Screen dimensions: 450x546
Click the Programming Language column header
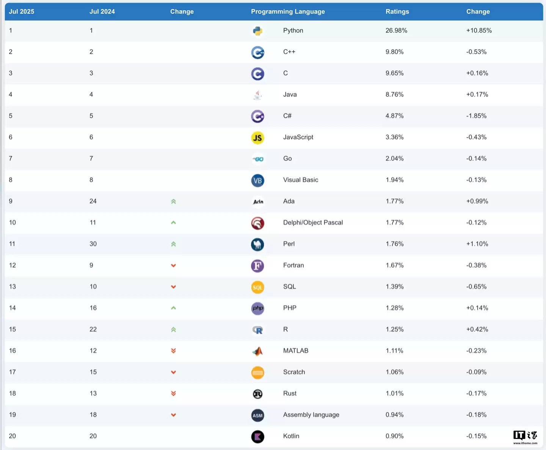[288, 12]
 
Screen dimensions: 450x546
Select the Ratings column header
[397, 12]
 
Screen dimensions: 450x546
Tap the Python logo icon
[258, 31]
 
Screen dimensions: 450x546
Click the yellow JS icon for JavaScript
[258, 138]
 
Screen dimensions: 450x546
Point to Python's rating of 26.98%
[396, 31]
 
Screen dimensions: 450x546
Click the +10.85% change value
[479, 31]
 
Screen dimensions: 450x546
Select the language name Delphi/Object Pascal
[313, 223]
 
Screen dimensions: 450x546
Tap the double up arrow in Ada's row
[173, 201]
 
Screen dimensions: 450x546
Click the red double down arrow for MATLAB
[173, 351]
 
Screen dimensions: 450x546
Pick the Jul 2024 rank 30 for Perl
[93, 244]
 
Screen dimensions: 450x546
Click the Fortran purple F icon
[258, 266]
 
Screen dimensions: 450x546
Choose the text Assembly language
[311, 415]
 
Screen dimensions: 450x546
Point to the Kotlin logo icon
[258, 437]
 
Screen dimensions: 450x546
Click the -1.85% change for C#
[476, 116]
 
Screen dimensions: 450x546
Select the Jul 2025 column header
[22, 12]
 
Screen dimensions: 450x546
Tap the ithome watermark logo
[525, 437]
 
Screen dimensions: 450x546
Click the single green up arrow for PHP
[173, 308]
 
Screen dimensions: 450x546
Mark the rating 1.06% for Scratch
[394, 372]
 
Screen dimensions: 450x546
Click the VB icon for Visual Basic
[258, 181]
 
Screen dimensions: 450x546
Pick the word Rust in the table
[290, 393]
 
